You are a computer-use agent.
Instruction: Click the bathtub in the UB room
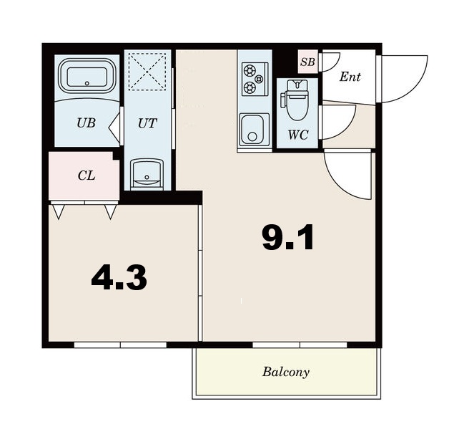coord(87,76)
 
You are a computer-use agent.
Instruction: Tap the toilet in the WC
coord(295,100)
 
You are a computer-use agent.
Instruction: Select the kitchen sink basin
coord(252,129)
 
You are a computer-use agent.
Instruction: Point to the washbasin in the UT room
coord(147,174)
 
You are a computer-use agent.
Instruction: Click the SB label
coord(307,62)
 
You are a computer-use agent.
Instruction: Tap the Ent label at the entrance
coord(350,77)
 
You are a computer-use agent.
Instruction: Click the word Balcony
coord(286,372)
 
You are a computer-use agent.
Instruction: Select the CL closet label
coord(87,176)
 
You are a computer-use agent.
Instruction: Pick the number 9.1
coord(288,237)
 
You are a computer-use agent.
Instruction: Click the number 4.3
coord(119,278)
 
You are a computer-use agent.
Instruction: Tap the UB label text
coord(86,123)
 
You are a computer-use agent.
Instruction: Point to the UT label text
coord(147,123)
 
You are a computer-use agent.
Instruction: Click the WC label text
coord(298,135)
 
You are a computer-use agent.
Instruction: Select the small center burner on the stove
coord(259,78)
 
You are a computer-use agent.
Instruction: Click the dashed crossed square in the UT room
coord(147,72)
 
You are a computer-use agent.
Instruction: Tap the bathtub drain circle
coord(87,83)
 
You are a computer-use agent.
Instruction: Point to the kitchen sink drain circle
coord(252,137)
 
